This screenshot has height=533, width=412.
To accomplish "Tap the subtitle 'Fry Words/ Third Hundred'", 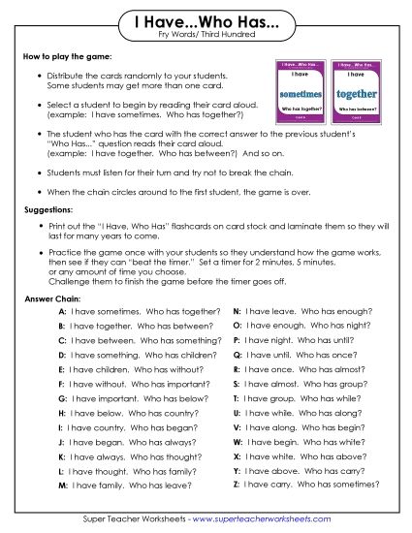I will (205, 37).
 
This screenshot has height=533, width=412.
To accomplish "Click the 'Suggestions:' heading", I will (48, 209).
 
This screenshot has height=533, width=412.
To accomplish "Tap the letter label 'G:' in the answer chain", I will (62, 398).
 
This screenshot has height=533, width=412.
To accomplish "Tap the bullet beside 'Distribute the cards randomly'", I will (38, 76).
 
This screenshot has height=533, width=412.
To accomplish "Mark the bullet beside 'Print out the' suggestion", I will (38, 225).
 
